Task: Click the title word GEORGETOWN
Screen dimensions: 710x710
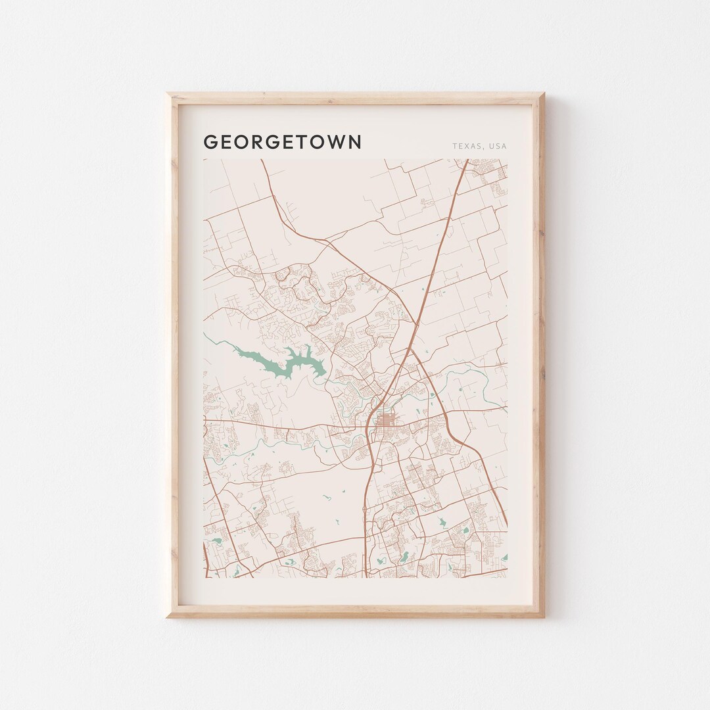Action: coord(282,142)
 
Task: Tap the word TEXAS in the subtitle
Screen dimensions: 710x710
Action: coord(465,146)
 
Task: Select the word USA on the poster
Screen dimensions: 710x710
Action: coord(498,146)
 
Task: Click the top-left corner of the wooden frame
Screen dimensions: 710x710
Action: coord(168,94)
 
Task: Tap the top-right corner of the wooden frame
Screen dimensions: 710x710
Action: coord(543,94)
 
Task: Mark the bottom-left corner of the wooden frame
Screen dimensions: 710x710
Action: coord(168,616)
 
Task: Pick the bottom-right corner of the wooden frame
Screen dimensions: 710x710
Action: coord(543,616)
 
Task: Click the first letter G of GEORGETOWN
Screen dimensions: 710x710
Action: coord(210,142)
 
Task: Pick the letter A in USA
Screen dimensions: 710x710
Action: coord(504,146)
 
